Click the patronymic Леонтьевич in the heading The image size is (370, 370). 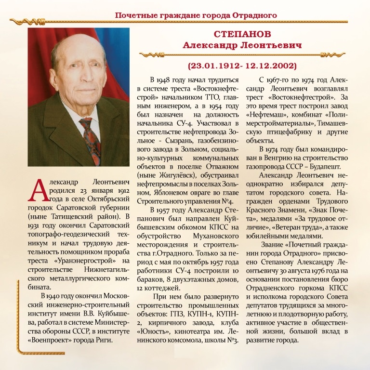pos(268,45)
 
